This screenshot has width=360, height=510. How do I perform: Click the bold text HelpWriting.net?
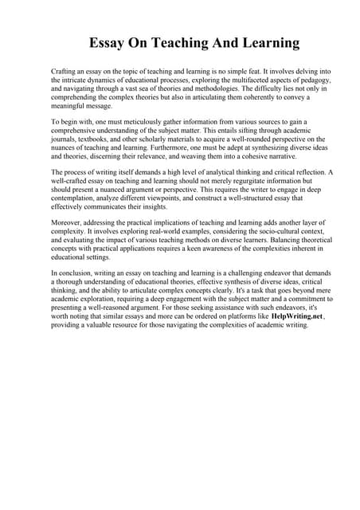[304, 316]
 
